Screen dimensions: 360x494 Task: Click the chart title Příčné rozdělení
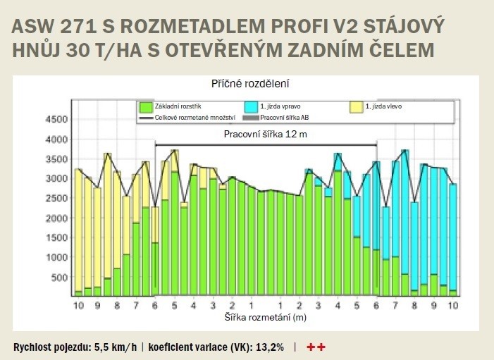tap(252, 82)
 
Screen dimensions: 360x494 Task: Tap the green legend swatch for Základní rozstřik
tap(146, 107)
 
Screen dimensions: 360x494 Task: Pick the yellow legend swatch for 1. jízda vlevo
tap(357, 107)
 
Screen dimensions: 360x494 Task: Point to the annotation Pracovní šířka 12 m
tap(266, 134)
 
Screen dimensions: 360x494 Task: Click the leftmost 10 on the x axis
tap(78, 306)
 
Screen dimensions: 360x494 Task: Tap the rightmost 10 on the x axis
tap(453, 306)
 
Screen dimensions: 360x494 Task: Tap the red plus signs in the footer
tap(316, 347)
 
